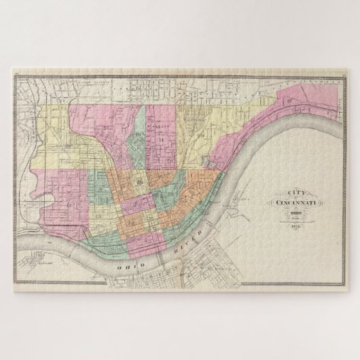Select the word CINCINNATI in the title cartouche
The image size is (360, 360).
296,202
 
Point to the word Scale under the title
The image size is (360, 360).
296,221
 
